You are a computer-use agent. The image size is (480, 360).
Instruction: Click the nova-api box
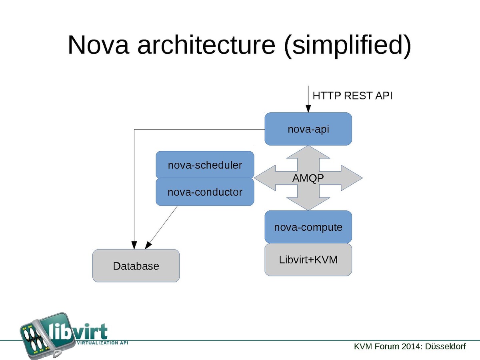coord(308,129)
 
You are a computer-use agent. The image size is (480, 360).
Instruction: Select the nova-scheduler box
coord(205,164)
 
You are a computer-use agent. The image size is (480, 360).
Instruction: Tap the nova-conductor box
coord(205,192)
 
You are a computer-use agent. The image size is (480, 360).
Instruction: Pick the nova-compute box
coord(308,227)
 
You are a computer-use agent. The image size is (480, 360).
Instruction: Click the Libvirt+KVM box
coord(308,260)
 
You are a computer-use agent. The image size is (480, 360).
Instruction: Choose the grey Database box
coord(136,266)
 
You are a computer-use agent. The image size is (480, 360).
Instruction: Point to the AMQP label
coord(308,178)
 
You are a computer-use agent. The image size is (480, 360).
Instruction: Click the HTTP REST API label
coord(352,96)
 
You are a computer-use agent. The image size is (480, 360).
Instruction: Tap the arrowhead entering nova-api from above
coord(308,108)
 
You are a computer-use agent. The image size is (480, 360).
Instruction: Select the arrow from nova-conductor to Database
coord(162,226)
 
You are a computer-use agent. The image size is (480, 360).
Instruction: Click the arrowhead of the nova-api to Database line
coord(134,245)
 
